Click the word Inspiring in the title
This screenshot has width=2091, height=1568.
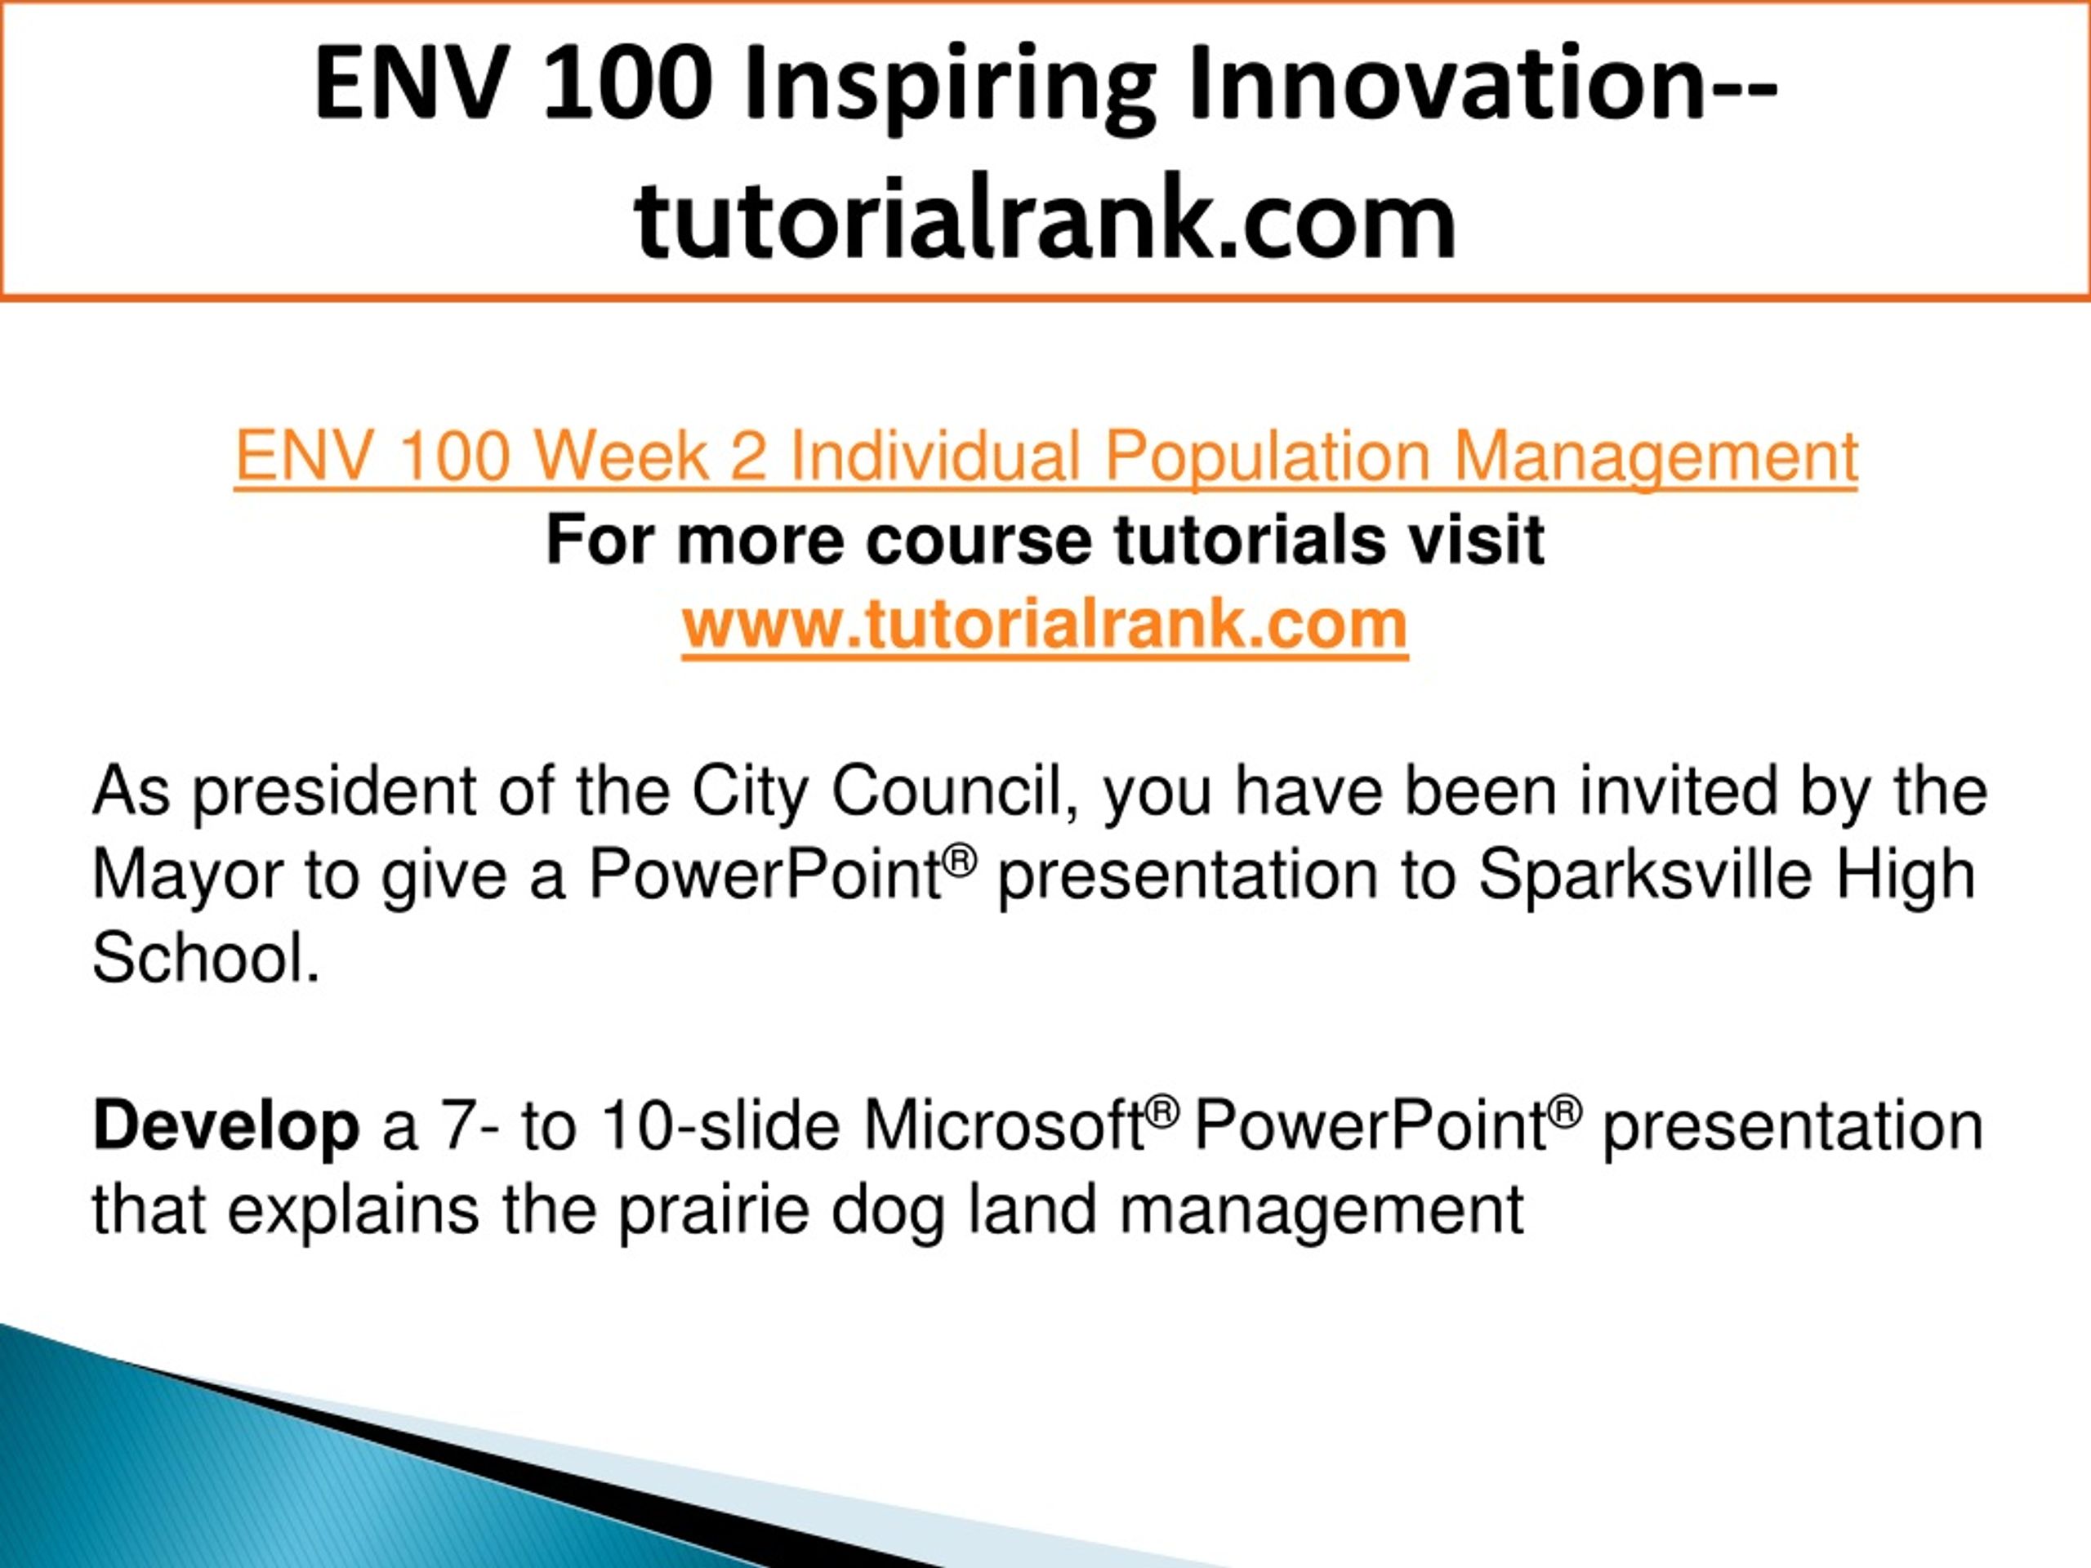coord(950,87)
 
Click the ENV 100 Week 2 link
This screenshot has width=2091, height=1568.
coord(1045,457)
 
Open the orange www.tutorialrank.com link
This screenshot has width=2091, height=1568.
coord(1045,625)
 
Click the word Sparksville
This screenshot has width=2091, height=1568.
coord(1645,873)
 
